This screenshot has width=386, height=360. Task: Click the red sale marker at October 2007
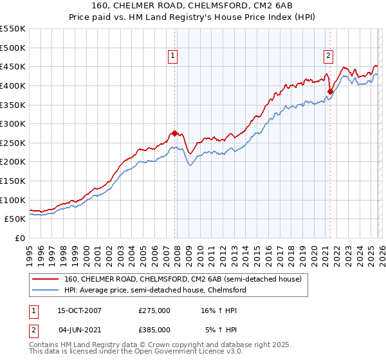coord(174,133)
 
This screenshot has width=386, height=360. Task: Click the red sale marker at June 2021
coord(330,91)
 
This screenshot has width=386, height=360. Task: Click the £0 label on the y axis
coord(21,238)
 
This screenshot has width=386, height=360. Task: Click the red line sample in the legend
coord(45,279)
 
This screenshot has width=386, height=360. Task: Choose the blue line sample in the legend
coord(45,291)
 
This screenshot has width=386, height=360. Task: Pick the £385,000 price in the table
coord(154,329)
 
